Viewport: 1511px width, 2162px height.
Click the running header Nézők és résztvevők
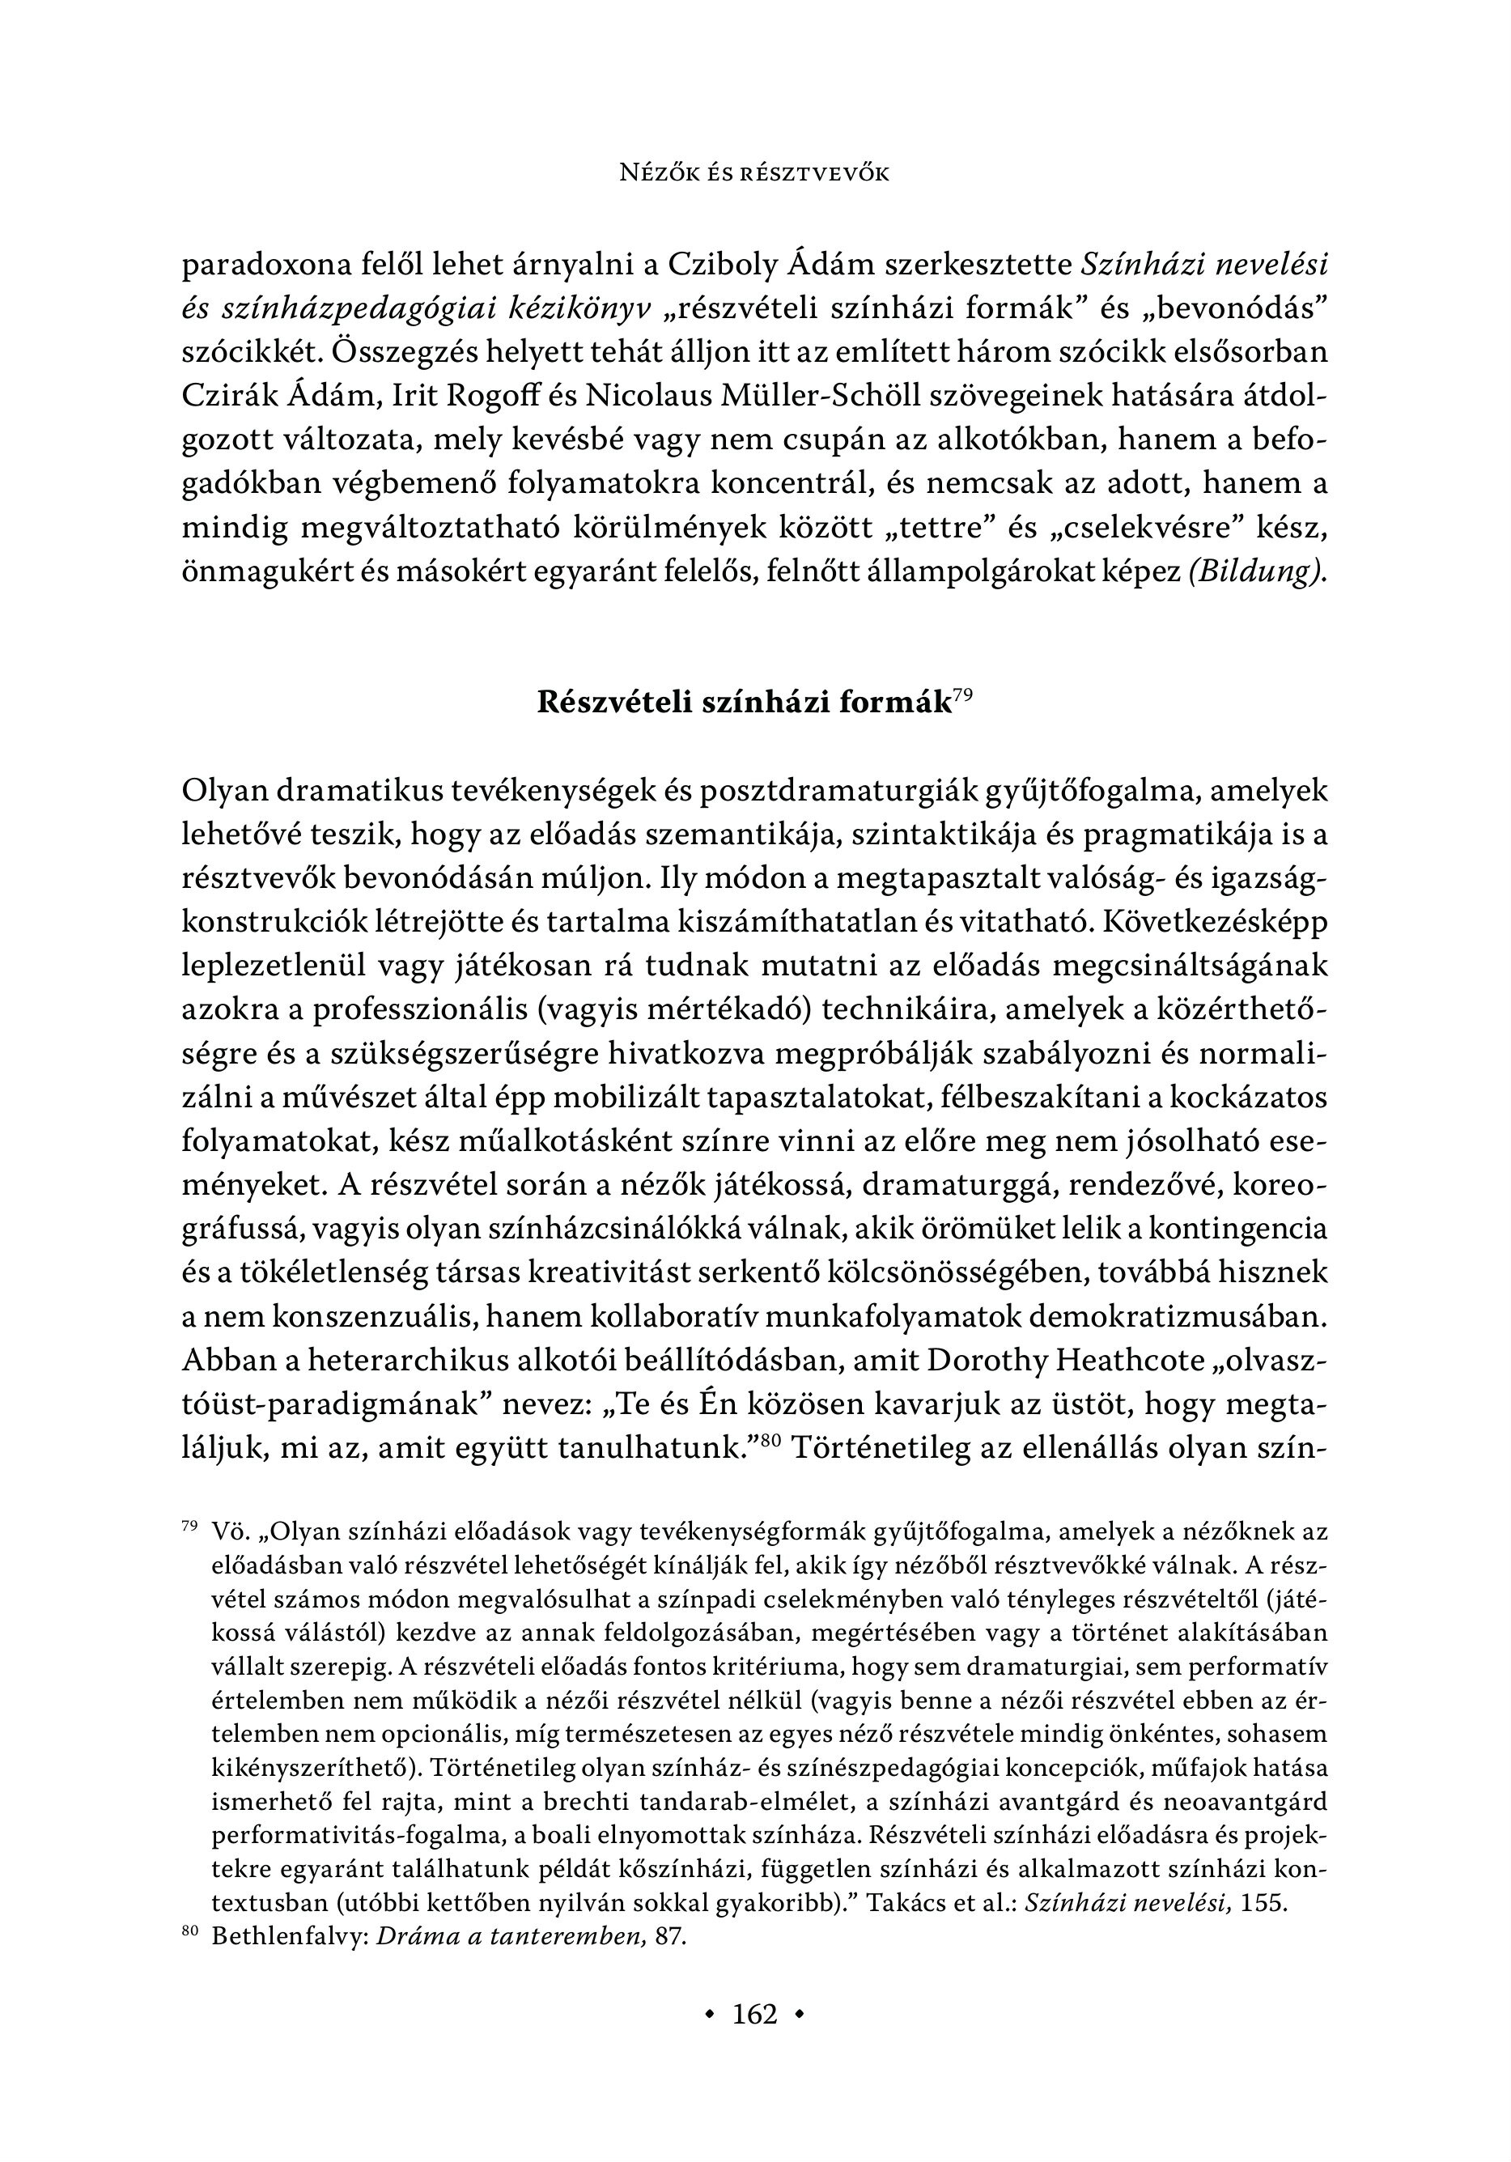[x=754, y=173]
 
